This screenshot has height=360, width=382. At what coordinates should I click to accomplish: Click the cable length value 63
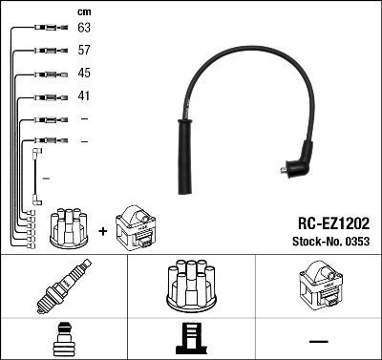[84, 30]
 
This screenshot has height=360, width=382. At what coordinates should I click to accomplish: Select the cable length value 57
[84, 52]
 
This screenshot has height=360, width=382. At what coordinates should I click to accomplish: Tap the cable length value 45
[84, 74]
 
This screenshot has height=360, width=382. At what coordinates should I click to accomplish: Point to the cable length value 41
[84, 95]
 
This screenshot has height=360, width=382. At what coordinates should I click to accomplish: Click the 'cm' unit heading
[83, 11]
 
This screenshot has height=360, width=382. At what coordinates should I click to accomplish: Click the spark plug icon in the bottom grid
[63, 288]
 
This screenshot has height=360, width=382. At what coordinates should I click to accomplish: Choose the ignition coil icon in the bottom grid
[317, 287]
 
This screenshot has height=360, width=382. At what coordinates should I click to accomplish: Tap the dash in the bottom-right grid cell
[319, 341]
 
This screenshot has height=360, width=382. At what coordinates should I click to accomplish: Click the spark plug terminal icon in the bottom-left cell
[63, 340]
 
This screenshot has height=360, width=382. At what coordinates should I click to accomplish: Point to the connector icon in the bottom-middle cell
[191, 340]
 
